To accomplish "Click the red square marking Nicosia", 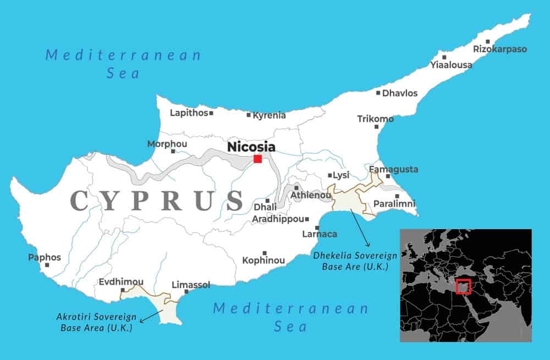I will [x=257, y=159].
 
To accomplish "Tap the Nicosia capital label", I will [x=251, y=147].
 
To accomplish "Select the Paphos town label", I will [x=45, y=257].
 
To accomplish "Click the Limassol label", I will [x=191, y=285].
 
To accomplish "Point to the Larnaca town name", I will [x=320, y=234].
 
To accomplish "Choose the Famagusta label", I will [x=393, y=169].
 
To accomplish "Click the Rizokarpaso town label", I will [x=500, y=49].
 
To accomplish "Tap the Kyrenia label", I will [x=269, y=115].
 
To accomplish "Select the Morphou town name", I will [x=167, y=144].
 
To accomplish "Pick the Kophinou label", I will [x=263, y=260].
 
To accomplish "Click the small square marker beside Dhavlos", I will [x=378, y=93].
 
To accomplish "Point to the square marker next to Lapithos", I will [x=211, y=113].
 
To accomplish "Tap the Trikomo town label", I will [x=375, y=119].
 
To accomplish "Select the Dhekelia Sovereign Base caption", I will [x=350, y=261].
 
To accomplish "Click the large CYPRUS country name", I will [x=157, y=201].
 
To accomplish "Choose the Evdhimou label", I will [x=121, y=281].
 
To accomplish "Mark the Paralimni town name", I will [x=394, y=204].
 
